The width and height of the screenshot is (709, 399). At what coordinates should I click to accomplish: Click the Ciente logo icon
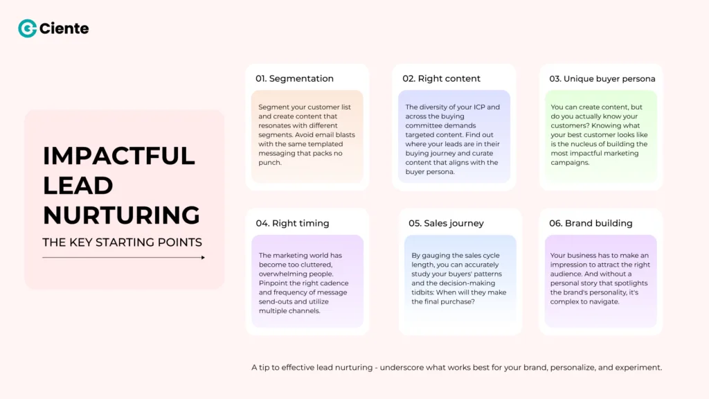[27, 28]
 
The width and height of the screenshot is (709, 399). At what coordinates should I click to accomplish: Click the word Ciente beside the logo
[64, 28]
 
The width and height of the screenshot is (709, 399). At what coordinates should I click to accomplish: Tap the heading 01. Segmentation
[294, 79]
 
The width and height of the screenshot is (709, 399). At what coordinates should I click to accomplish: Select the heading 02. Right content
[441, 79]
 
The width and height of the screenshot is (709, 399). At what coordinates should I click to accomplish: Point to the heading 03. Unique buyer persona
[602, 79]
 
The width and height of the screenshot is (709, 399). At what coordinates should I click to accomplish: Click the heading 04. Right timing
[292, 223]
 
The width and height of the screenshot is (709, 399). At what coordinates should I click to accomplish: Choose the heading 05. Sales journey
[446, 223]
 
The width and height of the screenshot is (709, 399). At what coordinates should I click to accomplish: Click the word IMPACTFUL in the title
[118, 156]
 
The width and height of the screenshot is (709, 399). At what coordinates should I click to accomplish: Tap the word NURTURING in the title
[121, 215]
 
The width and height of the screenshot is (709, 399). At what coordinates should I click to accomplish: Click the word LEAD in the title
[78, 186]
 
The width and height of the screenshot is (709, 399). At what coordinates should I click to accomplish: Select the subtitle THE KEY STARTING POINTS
[122, 242]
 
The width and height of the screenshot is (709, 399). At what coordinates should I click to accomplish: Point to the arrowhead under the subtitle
[202, 258]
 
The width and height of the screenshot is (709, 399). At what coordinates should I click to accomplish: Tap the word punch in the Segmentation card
[270, 163]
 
